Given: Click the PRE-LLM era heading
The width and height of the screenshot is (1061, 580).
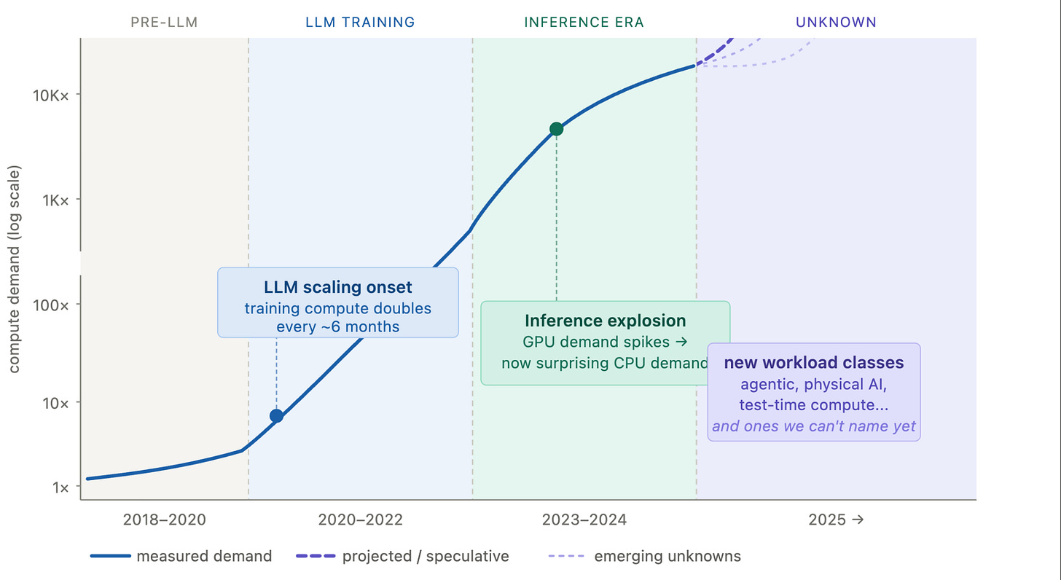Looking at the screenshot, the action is [x=164, y=23].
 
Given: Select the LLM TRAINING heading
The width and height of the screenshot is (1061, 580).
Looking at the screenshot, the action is [x=360, y=23].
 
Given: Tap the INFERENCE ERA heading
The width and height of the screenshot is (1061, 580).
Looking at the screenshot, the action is [x=584, y=23].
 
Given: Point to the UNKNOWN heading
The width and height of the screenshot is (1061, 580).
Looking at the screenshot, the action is [x=836, y=23].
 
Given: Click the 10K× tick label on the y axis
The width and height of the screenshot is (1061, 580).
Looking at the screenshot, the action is [x=51, y=96].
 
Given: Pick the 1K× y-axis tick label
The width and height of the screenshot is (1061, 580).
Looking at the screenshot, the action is [x=55, y=201].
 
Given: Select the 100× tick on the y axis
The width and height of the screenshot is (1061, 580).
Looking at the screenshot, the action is [x=51, y=305].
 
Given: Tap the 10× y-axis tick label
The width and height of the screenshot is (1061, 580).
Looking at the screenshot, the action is [x=55, y=404].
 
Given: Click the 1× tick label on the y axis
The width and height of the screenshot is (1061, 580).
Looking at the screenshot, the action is [x=60, y=487].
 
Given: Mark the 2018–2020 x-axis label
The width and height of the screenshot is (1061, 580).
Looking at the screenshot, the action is [x=165, y=520].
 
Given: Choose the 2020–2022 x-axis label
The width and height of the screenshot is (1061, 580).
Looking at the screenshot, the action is [x=360, y=520].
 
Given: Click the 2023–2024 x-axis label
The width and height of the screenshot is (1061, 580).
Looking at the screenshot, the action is [x=584, y=520].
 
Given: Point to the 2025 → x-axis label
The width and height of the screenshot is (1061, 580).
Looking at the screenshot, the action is [x=836, y=520].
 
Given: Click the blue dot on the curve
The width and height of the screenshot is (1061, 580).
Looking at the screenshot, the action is [x=277, y=416].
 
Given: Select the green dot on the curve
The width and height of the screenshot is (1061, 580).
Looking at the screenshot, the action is [x=556, y=129].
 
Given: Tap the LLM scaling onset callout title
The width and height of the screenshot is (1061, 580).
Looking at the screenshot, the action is [x=337, y=287].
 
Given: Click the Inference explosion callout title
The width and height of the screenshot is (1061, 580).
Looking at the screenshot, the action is [x=606, y=321].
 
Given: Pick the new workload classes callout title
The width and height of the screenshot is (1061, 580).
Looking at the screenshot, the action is [x=814, y=362].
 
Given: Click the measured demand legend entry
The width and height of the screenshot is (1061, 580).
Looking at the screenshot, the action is [x=181, y=556].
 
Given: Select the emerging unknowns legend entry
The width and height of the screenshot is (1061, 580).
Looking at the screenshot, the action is [x=644, y=556].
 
